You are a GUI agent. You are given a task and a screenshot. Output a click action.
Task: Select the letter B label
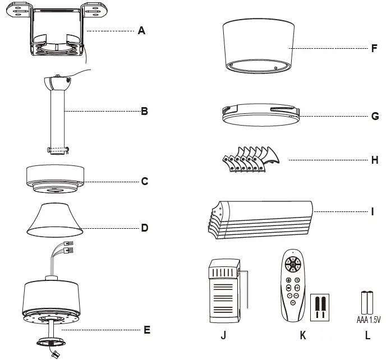(144, 112)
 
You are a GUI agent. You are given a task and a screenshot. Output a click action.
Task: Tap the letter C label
(144, 182)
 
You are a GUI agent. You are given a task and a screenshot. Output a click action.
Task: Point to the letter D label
(144, 228)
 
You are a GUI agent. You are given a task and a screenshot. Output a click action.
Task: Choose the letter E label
(147, 330)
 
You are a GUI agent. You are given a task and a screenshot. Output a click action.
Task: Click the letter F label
(374, 49)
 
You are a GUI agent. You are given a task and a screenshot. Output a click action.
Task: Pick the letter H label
(375, 160)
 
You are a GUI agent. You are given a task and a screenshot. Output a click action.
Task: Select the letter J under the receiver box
(224, 336)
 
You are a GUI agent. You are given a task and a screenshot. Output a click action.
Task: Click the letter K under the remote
(303, 336)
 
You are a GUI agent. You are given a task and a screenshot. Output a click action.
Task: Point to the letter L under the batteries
(367, 336)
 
